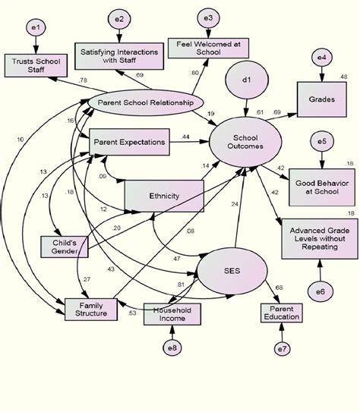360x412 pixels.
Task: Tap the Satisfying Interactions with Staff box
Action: tap(113, 55)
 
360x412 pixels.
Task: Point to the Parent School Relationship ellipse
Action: tap(140, 102)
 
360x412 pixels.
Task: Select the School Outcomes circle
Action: tap(245, 142)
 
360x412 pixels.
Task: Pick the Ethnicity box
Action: tap(163, 196)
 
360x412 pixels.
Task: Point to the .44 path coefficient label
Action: tap(185, 137)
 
